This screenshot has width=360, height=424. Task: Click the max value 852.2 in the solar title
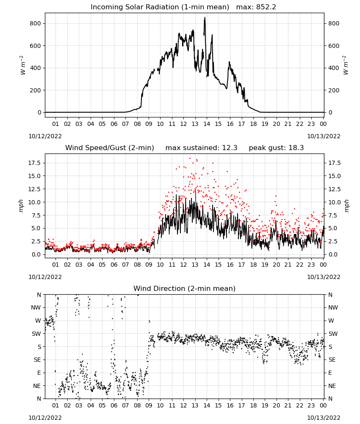(x=266, y=7)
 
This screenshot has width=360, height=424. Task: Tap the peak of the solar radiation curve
(x=205, y=17)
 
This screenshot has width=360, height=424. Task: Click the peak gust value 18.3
(x=296, y=148)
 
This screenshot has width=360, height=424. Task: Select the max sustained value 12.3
(x=230, y=148)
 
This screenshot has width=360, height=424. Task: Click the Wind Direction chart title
(x=185, y=288)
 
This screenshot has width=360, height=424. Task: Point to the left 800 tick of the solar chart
(x=35, y=23)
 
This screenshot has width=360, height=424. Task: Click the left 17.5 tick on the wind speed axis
(x=35, y=163)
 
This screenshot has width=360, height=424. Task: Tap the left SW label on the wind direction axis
(x=36, y=334)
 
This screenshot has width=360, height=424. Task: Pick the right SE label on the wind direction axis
(x=332, y=360)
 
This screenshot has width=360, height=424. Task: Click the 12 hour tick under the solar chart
(x=183, y=124)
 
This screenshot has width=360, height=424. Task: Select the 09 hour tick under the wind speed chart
(x=149, y=265)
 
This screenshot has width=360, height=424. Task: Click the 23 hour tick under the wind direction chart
(x=311, y=405)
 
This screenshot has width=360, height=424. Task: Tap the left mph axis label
(x=21, y=206)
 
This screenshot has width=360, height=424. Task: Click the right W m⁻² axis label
(x=346, y=65)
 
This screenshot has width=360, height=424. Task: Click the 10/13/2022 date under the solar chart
(x=324, y=136)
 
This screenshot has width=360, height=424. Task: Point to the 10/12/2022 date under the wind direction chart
(x=45, y=418)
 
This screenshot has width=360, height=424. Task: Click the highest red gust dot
(x=190, y=159)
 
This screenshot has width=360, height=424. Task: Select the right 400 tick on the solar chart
(x=334, y=68)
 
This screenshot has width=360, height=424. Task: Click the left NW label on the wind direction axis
(x=36, y=307)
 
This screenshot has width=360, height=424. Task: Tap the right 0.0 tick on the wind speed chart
(x=332, y=254)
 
